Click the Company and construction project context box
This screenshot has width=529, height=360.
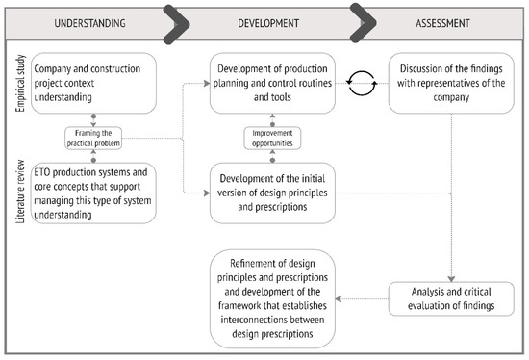coord(91,81)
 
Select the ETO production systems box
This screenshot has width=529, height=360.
coord(91,193)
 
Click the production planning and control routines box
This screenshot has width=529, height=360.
coord(272,81)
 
